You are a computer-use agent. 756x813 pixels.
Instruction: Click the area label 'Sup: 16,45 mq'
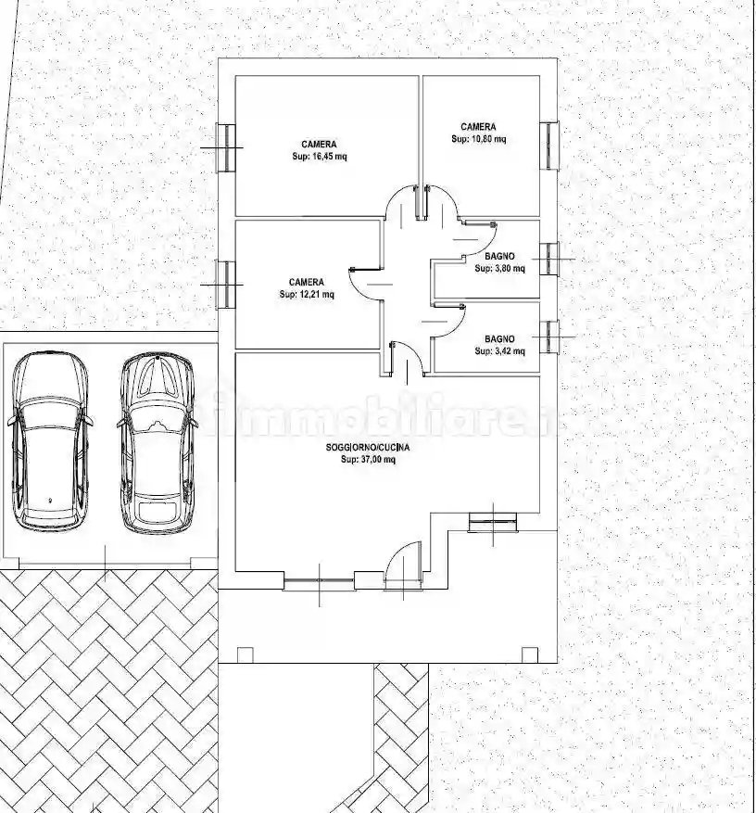pyautogui.click(x=320, y=157)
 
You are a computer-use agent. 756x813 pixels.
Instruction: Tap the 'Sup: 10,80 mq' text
pyautogui.click(x=478, y=139)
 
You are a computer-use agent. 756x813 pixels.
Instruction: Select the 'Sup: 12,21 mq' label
pyautogui.click(x=307, y=295)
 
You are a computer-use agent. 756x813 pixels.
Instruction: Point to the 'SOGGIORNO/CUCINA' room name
pyautogui.click(x=368, y=447)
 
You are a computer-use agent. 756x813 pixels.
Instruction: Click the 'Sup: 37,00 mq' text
pyautogui.click(x=368, y=460)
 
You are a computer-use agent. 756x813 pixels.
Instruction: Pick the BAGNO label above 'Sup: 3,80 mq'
pyautogui.click(x=499, y=256)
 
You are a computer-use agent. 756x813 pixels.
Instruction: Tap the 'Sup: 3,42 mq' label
pyautogui.click(x=499, y=351)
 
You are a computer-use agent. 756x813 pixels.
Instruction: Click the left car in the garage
pyautogui.click(x=50, y=442)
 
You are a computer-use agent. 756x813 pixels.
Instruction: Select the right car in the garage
pyautogui.click(x=157, y=443)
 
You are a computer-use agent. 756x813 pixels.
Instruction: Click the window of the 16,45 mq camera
pyautogui.click(x=226, y=147)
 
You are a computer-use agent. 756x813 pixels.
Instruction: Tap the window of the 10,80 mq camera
pyautogui.click(x=549, y=146)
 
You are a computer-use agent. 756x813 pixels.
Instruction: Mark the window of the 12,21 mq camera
pyautogui.click(x=225, y=285)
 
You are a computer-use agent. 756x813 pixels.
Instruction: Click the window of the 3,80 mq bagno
pyautogui.click(x=549, y=259)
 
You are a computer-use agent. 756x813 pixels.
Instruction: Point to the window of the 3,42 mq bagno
pyautogui.click(x=549, y=337)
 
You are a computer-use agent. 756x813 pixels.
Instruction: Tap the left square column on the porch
pyautogui.click(x=245, y=654)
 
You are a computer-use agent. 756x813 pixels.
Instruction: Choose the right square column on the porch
pyautogui.click(x=530, y=654)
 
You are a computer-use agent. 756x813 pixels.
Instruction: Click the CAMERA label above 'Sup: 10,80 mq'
pyautogui.click(x=478, y=126)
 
